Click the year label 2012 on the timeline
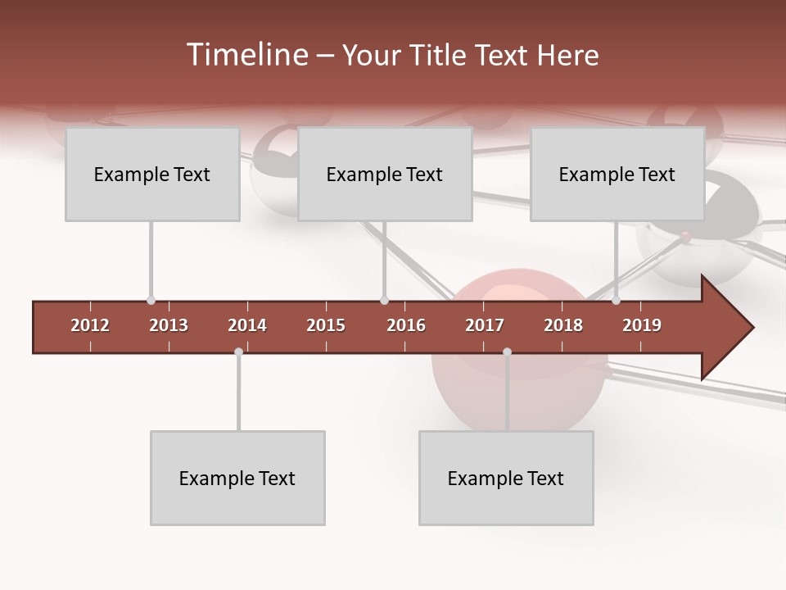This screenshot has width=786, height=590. tap(90, 325)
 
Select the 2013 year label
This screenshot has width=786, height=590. tap(169, 325)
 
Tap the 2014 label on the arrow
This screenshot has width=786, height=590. tap(247, 325)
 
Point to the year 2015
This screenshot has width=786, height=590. tap(326, 325)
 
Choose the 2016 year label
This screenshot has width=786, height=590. tap(406, 325)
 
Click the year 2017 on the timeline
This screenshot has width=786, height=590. tap(485, 325)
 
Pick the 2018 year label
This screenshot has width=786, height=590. tap(563, 325)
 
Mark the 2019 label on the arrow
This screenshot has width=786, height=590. tap(642, 325)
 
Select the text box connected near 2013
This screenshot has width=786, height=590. tap(152, 175)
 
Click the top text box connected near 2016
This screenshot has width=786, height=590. tap(385, 175)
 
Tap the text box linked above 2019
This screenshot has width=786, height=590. tap(617, 175)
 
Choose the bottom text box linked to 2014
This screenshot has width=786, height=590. tap(237, 479)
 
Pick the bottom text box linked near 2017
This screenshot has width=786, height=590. tap(506, 479)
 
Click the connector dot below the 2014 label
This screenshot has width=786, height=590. tap(238, 352)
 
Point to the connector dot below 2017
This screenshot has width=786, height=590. tap(507, 352)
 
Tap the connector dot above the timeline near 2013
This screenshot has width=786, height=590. tap(151, 301)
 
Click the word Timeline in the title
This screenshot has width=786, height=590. tap(246, 55)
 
